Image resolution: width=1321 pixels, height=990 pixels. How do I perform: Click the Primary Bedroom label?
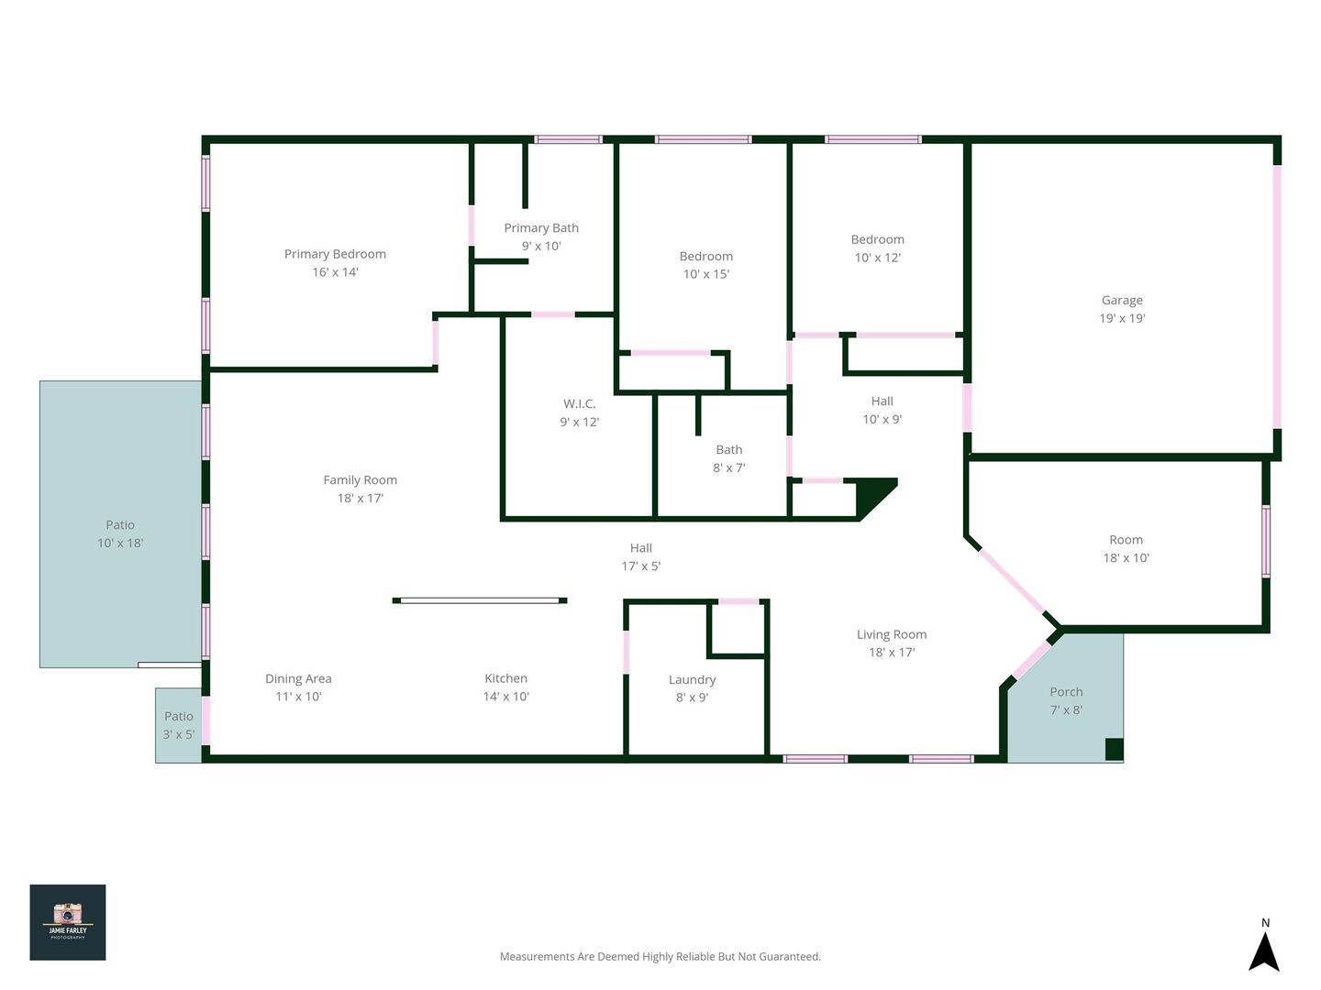335,254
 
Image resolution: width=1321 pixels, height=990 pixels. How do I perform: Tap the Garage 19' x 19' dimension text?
1122,318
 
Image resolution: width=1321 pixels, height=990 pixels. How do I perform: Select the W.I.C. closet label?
579,404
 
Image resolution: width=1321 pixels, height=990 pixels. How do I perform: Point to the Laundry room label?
692,680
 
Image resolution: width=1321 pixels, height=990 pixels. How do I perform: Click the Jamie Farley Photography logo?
67,922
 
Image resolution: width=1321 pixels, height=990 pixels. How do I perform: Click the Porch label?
1066,692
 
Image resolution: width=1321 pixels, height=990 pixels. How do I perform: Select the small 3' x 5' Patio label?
178,725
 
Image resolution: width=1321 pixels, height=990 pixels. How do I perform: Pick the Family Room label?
360,479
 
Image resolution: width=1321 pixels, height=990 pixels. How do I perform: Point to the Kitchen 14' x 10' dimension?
505,696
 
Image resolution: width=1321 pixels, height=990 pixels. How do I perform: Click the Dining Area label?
298,678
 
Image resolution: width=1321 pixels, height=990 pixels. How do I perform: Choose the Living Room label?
892,634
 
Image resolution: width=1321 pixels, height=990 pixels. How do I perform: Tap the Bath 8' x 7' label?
728,458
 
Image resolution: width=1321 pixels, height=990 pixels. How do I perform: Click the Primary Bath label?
541,228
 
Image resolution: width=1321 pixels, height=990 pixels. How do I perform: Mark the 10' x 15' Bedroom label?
706,265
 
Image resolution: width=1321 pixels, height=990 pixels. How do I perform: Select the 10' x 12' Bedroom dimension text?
878,258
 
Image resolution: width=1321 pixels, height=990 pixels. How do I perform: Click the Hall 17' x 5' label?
641,556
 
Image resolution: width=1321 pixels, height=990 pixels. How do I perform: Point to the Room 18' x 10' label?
1126,549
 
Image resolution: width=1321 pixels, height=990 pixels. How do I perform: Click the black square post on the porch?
1114,749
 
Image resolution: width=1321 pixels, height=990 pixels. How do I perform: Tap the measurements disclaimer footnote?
660,956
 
